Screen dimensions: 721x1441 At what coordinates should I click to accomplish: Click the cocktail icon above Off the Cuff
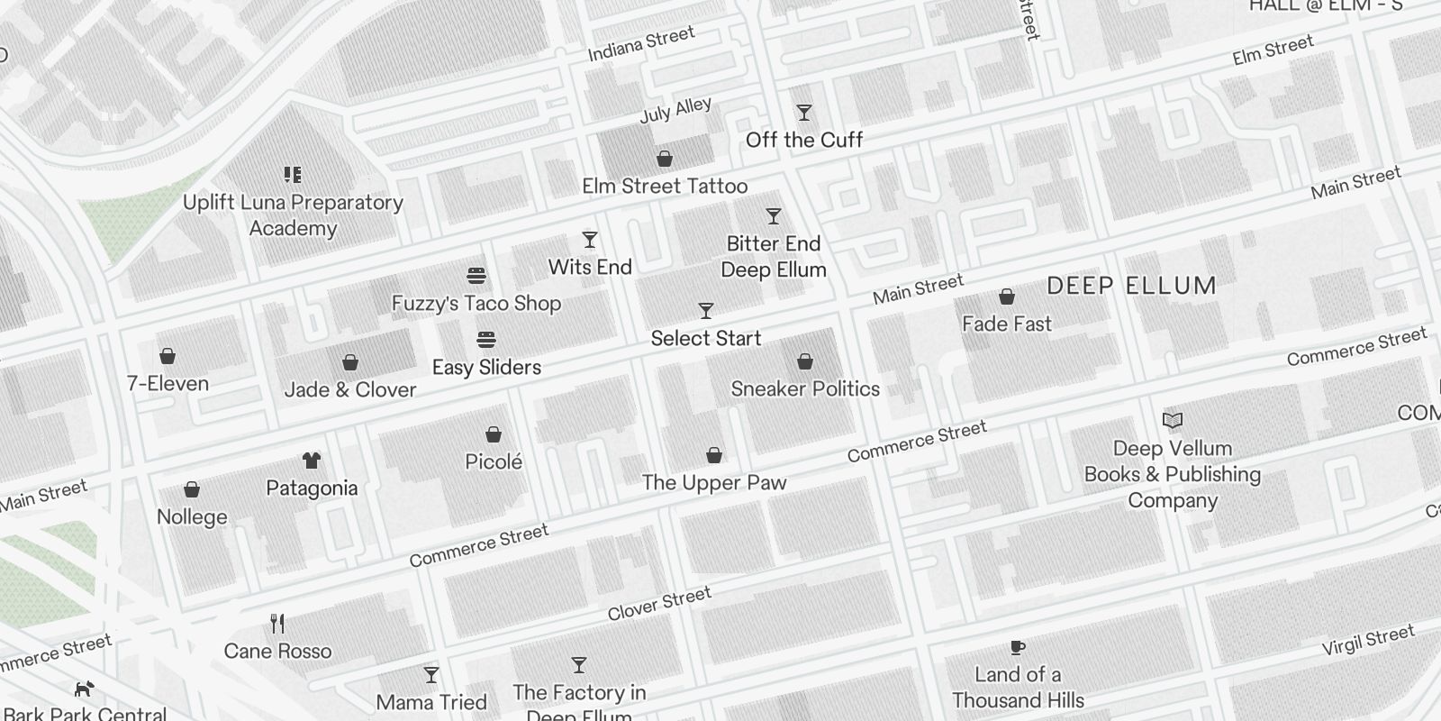click(804, 113)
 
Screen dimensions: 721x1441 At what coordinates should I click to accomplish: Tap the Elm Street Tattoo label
click(665, 187)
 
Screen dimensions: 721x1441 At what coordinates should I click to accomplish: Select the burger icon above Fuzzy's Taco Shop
click(476, 275)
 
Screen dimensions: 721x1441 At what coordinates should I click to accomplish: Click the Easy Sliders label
click(486, 368)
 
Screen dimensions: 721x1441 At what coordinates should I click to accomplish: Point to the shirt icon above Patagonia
click(312, 461)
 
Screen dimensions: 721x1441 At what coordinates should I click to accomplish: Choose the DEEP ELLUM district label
click(1131, 287)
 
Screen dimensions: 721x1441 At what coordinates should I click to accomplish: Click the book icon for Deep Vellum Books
click(1173, 420)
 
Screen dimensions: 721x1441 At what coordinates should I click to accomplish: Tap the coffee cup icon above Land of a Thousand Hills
click(1018, 647)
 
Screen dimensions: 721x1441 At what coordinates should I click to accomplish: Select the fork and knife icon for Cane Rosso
click(277, 624)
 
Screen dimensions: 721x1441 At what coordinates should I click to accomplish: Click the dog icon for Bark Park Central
click(84, 689)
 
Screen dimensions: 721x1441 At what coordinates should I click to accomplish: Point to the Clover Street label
click(659, 604)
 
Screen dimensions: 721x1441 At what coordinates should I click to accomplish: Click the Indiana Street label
click(641, 44)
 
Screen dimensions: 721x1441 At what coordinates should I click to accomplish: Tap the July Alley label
click(675, 110)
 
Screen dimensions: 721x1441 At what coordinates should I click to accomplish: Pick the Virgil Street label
click(1368, 641)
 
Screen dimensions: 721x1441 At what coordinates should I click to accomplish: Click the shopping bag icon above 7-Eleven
click(168, 356)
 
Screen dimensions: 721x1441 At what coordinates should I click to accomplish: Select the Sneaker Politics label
click(805, 389)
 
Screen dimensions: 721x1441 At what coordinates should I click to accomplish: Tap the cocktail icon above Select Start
click(706, 311)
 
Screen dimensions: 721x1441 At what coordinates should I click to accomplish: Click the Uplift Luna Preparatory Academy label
click(293, 215)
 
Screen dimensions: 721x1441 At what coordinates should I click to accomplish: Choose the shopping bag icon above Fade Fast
click(1007, 297)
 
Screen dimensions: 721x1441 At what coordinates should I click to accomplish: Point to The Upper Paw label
click(714, 483)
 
